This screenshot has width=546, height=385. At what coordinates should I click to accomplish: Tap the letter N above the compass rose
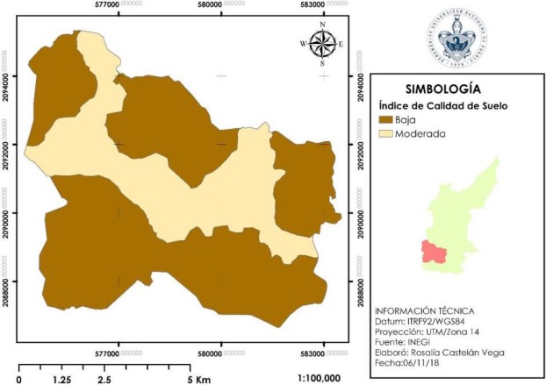tap(322, 25)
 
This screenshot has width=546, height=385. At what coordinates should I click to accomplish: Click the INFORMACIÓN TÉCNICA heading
tap(424, 311)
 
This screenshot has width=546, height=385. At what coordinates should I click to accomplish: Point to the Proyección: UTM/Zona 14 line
tap(428, 332)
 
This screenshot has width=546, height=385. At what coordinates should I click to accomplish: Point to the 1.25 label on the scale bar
tap(61, 378)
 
